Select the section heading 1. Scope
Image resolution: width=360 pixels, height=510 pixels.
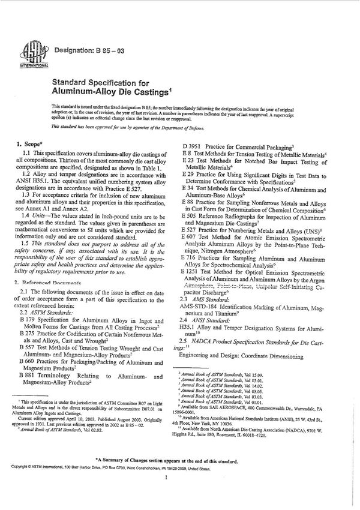pos(28,144)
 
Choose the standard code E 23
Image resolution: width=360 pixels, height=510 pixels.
pos(188,162)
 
